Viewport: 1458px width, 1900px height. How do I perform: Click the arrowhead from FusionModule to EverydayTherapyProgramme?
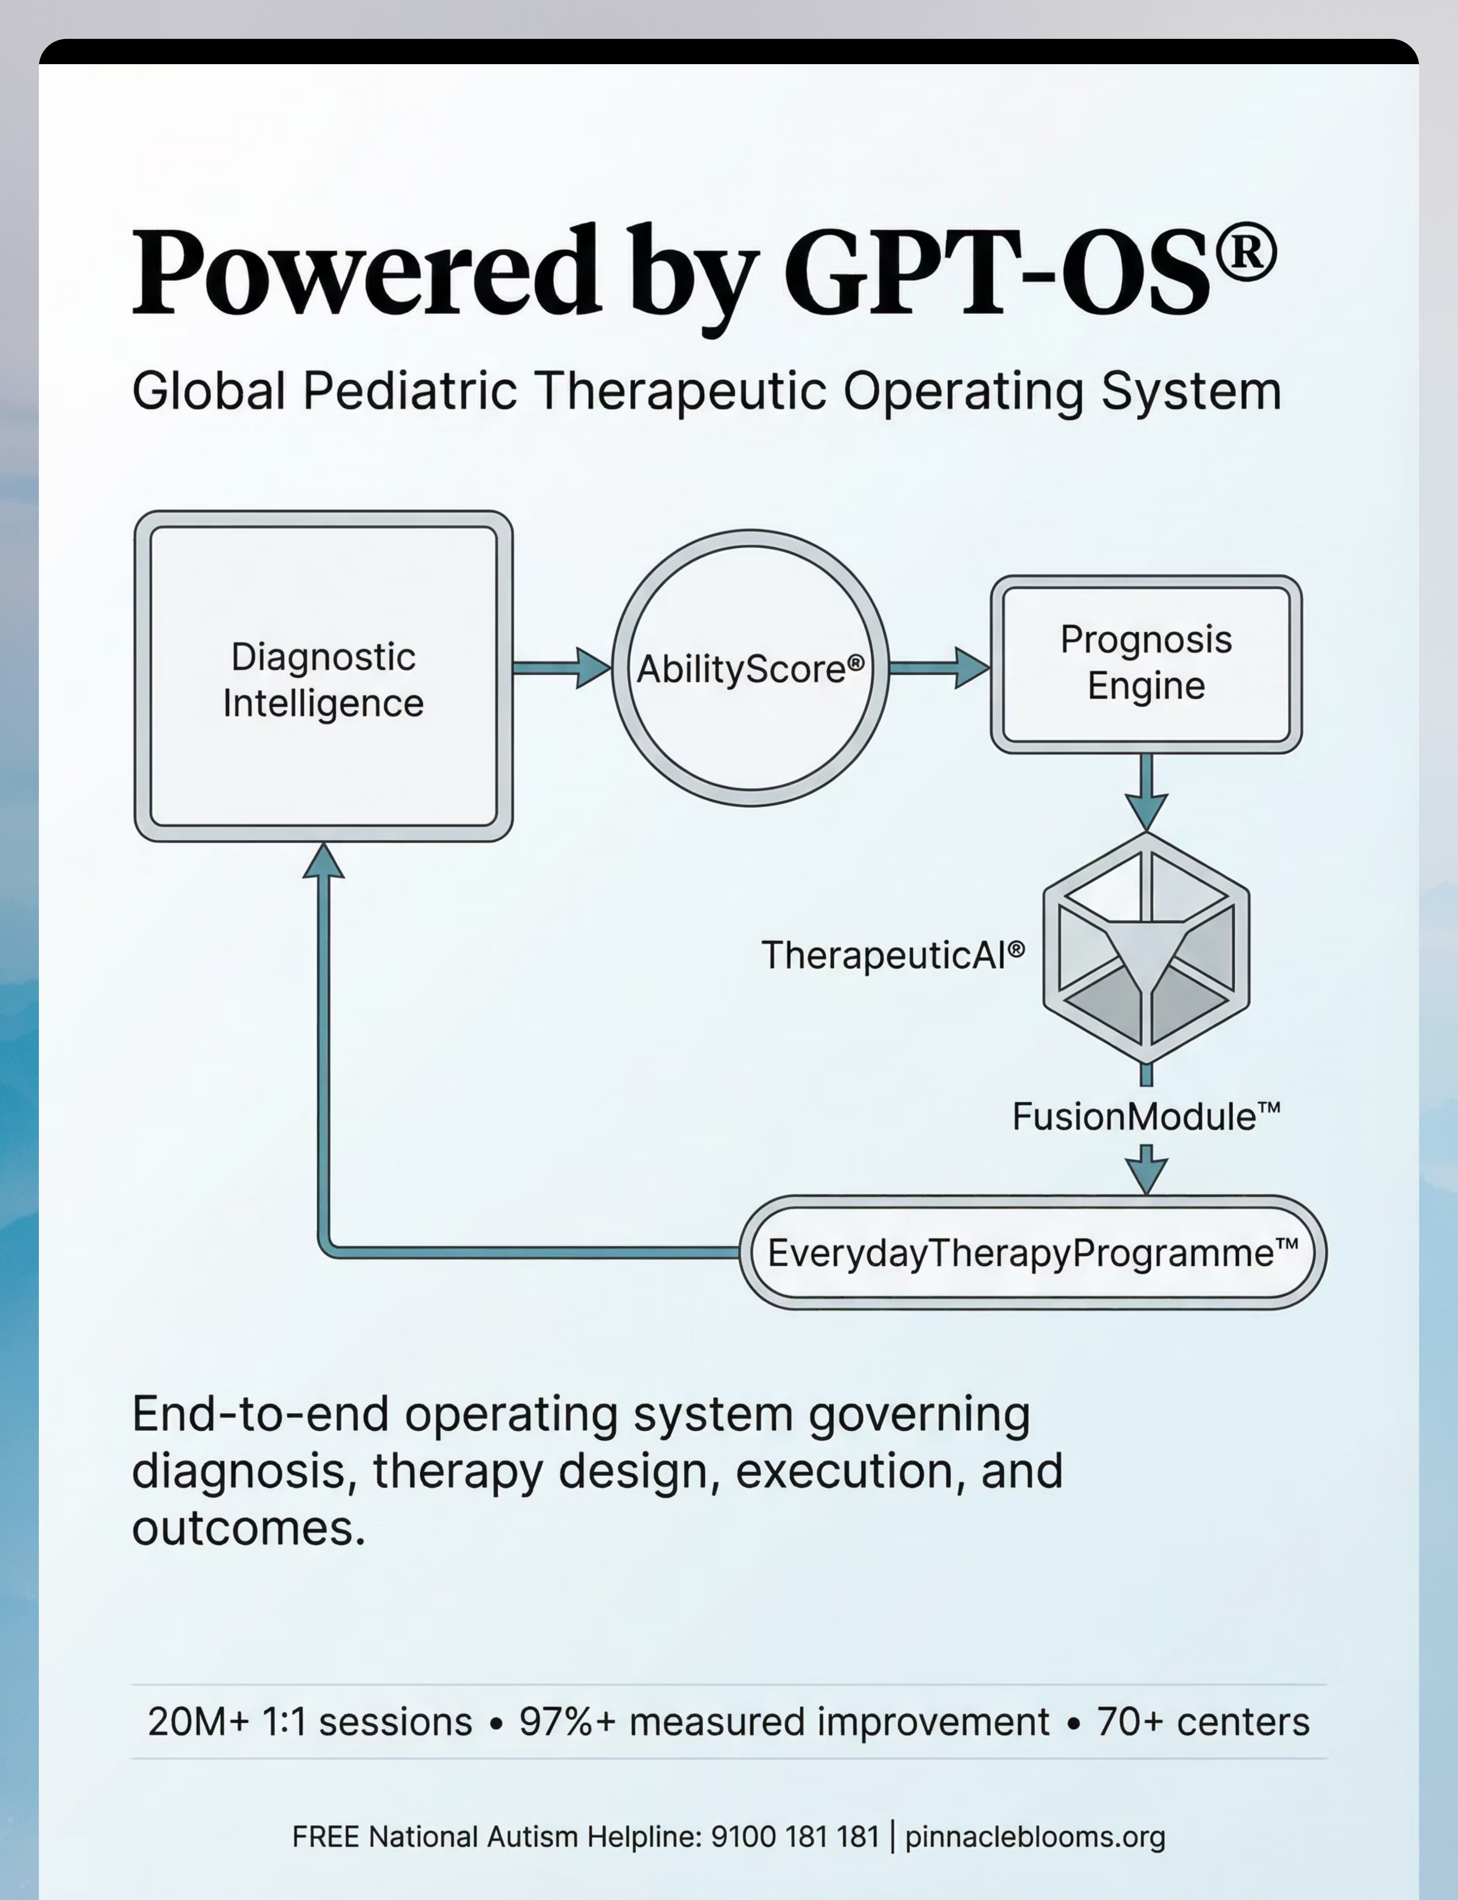1147,1177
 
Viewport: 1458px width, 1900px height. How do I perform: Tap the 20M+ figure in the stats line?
198,1722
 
